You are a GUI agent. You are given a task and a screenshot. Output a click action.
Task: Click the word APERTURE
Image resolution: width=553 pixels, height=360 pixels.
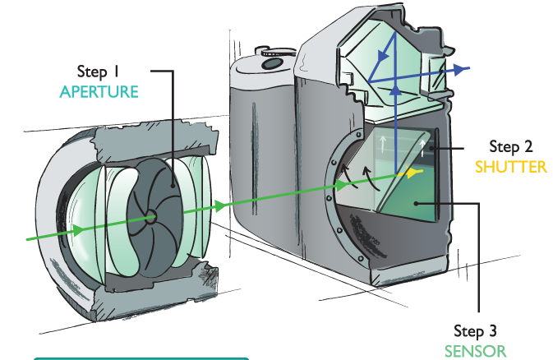pos(99,92)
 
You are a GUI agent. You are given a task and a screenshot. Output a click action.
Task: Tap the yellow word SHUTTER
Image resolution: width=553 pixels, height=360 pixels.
pos(510,167)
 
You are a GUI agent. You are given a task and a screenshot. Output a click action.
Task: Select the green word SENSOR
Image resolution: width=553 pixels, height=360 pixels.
pos(476,352)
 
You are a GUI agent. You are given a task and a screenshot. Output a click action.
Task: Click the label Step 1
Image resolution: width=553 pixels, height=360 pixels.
pos(98,72)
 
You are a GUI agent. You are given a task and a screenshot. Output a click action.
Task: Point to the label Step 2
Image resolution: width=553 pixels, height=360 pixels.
pos(511,146)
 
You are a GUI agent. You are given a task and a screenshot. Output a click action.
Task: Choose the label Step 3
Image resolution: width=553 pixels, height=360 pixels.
pos(475,331)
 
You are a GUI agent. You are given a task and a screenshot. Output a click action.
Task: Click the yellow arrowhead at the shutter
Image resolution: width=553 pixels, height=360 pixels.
pos(413,173)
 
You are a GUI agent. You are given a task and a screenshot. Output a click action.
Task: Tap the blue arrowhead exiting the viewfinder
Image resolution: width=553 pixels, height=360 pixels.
pos(459,70)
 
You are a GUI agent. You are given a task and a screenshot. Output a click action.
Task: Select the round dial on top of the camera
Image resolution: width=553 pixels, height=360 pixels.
pos(273,63)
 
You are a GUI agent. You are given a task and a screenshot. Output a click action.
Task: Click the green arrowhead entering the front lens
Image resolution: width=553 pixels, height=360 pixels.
pos(78,230)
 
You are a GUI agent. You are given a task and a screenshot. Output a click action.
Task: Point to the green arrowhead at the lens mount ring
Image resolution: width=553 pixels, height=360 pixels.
pos(341,185)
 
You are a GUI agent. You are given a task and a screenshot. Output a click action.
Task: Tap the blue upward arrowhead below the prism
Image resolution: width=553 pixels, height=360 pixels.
pos(396,90)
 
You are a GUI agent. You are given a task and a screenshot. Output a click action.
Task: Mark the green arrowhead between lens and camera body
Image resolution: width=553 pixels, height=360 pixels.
pos(220,205)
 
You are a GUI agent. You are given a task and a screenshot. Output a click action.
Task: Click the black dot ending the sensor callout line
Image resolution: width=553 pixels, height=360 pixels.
pos(416,203)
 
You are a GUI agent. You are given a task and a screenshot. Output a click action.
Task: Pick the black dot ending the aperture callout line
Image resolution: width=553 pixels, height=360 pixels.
pos(173,185)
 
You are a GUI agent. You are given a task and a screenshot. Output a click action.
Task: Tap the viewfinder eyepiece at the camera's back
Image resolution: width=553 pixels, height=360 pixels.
pos(436,75)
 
